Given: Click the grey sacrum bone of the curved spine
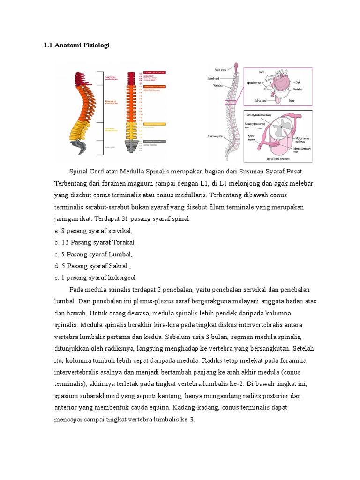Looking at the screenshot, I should [x=80, y=147].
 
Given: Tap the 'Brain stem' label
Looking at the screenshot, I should [x=221, y=70].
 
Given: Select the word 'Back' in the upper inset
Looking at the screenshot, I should [x=262, y=72].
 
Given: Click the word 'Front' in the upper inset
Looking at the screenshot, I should [x=292, y=100].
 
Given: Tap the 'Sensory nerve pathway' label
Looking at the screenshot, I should [x=261, y=114].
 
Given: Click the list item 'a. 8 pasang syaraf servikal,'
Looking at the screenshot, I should [x=94, y=230].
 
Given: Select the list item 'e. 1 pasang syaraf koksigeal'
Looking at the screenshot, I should [x=95, y=277].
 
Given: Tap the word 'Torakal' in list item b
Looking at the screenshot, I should [x=124, y=242].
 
